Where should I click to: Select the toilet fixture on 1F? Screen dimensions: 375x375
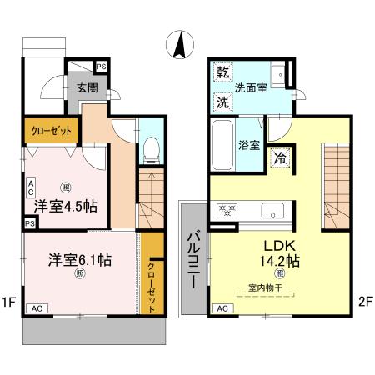[151, 150]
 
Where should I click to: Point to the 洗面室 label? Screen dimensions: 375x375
[250, 87]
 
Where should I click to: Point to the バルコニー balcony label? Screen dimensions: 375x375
[191, 258]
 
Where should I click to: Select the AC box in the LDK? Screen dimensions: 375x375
[222, 308]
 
